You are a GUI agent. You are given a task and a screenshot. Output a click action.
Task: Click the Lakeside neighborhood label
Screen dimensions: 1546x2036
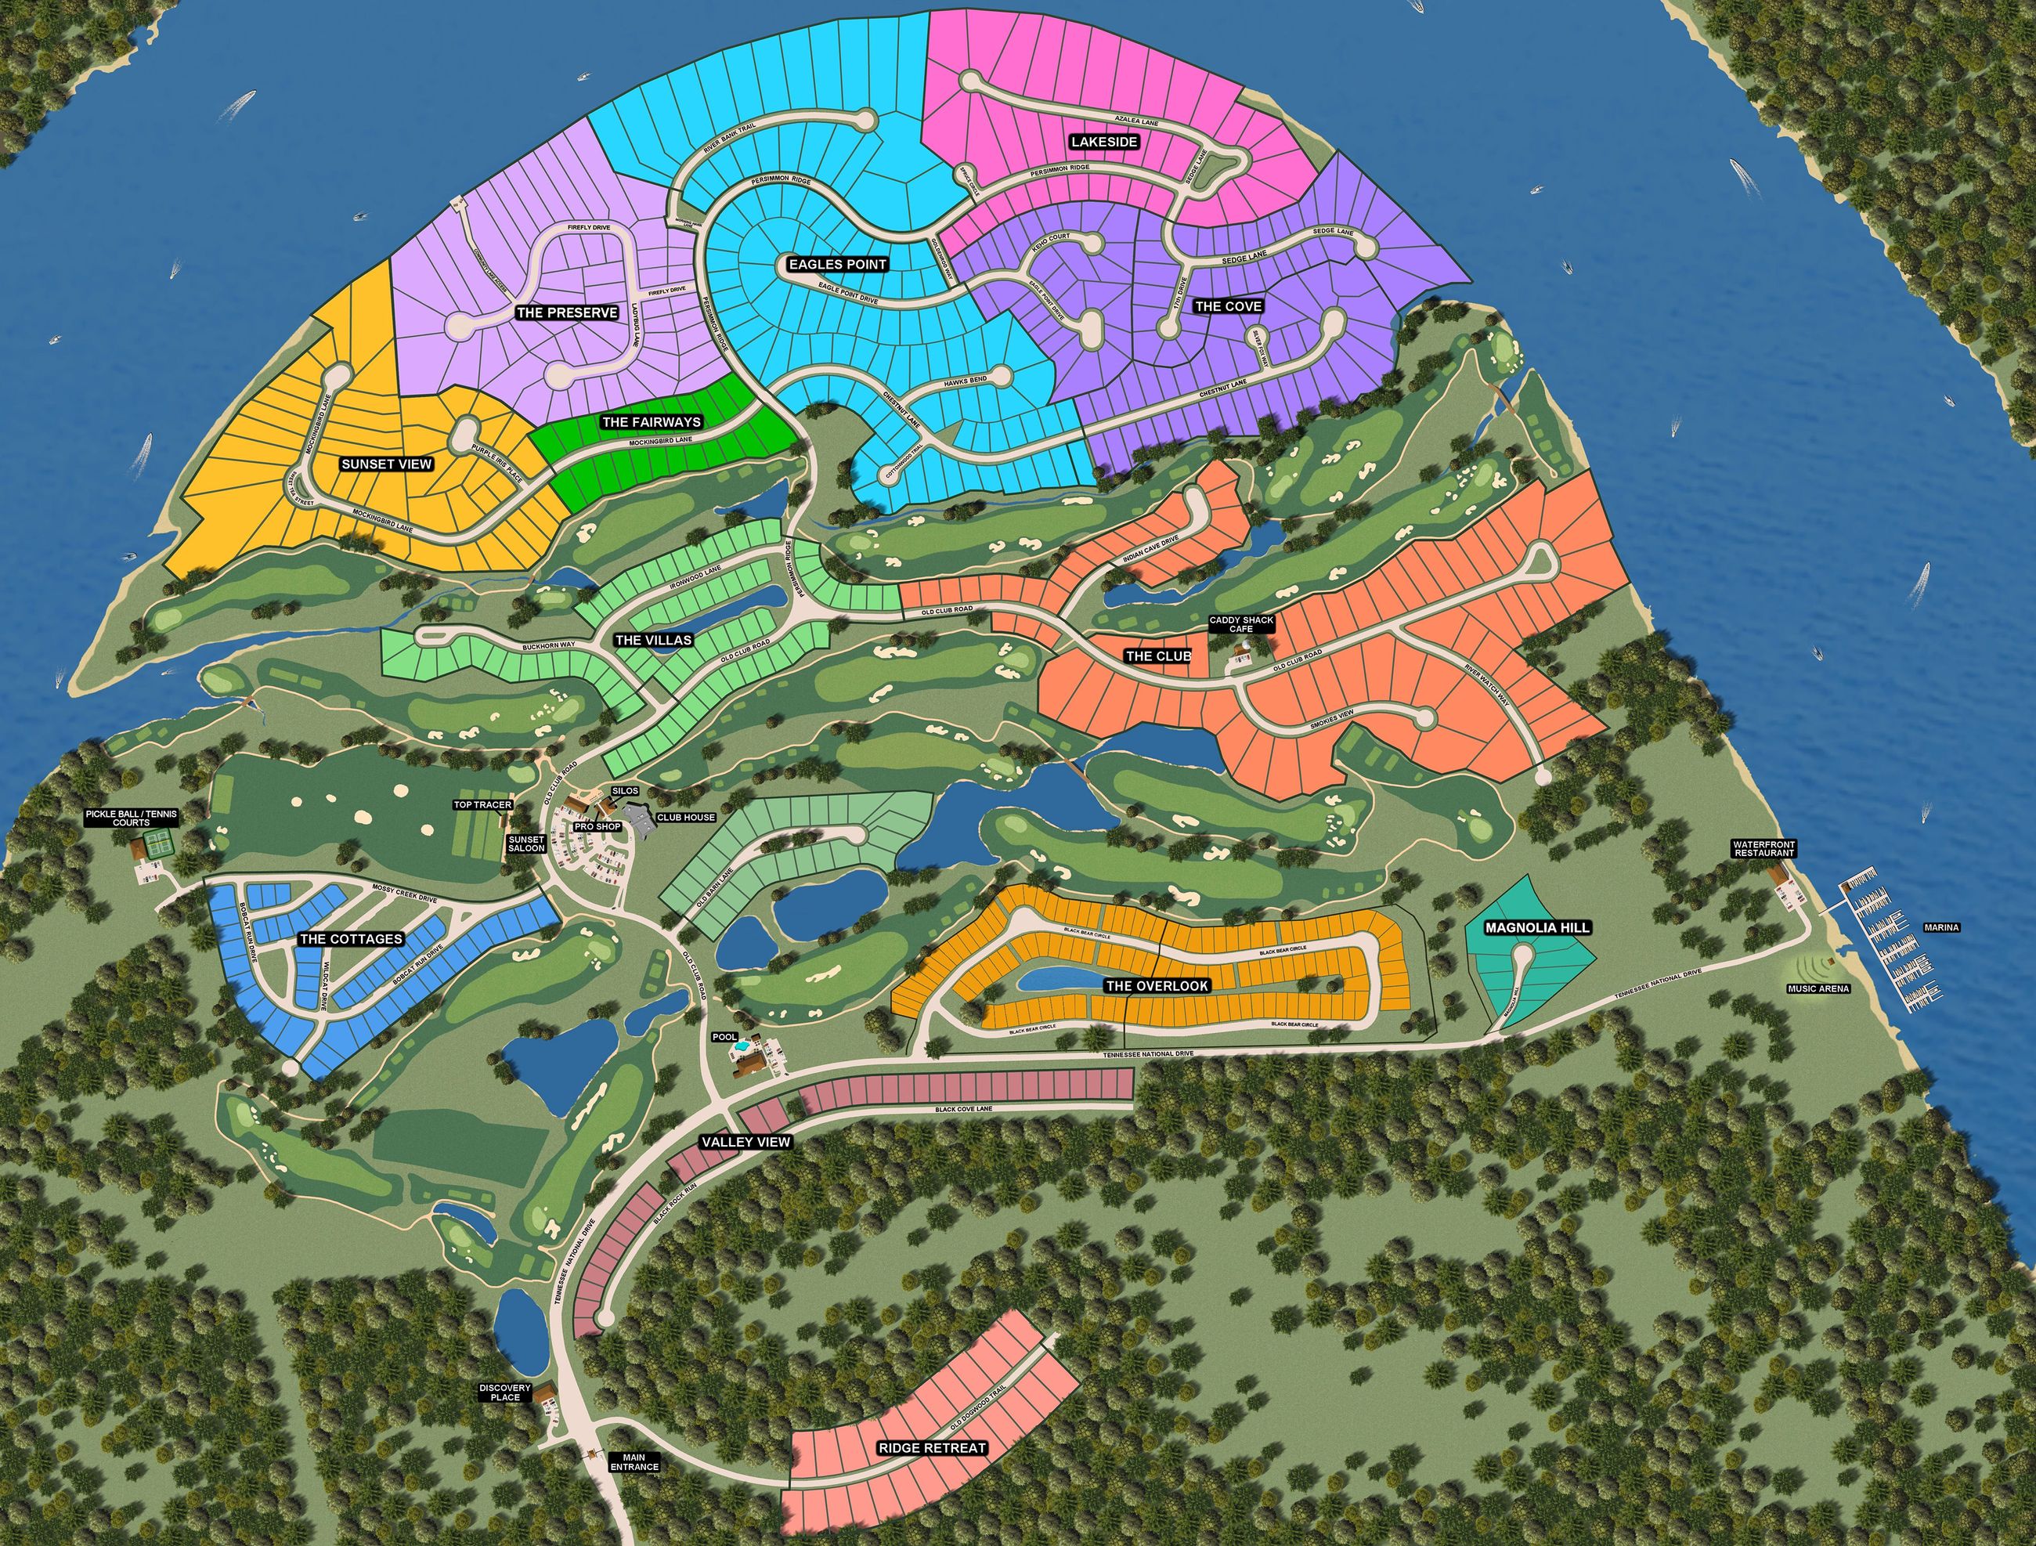(x=1103, y=142)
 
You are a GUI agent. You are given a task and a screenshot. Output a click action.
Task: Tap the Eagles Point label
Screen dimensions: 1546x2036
(x=838, y=264)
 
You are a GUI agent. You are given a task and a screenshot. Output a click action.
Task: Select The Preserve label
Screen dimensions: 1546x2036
(x=566, y=313)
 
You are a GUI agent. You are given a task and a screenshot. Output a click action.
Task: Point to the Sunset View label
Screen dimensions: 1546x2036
(x=387, y=464)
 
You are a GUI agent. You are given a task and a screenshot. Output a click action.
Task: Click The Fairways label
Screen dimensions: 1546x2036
(x=651, y=421)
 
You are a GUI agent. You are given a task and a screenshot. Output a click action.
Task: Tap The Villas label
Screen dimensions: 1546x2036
(x=654, y=640)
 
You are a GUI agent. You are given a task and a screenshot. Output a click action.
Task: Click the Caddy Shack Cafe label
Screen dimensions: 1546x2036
(x=1240, y=624)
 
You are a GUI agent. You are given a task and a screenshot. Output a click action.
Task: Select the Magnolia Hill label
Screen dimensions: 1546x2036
(x=1537, y=928)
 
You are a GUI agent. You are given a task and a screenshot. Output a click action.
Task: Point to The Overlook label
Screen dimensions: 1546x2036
(x=1157, y=985)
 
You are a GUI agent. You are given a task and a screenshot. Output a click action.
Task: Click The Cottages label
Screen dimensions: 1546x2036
(x=351, y=939)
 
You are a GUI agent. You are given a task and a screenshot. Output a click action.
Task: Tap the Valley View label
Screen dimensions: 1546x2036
(x=745, y=1142)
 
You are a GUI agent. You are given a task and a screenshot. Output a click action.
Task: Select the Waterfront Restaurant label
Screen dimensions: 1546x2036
(x=1763, y=848)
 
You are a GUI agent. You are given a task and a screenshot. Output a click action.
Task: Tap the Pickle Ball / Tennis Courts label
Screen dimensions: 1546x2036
(x=131, y=818)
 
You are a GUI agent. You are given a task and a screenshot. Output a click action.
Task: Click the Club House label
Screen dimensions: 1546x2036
(x=686, y=817)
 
